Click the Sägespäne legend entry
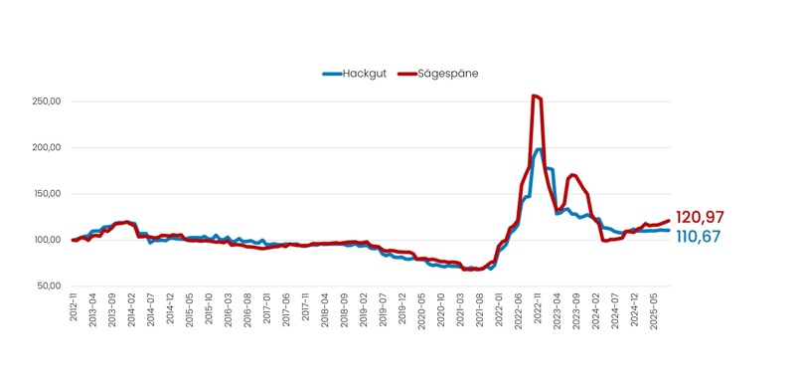(x=437, y=73)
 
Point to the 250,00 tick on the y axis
(x=47, y=101)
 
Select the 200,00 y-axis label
(x=47, y=147)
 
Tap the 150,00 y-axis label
(x=47, y=194)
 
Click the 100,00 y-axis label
(x=47, y=240)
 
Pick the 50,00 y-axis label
(x=49, y=287)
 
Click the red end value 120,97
(x=700, y=217)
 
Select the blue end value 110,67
(x=700, y=237)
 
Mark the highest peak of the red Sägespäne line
(x=535, y=96)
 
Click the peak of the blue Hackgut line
(x=539, y=149)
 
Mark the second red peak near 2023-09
(x=572, y=175)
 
